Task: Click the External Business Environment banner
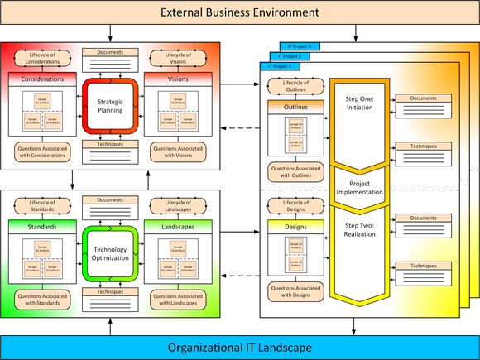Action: click(x=239, y=13)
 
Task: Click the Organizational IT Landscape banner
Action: click(x=239, y=347)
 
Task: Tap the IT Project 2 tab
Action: click(x=292, y=55)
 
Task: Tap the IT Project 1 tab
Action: click(x=282, y=65)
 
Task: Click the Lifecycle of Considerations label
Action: click(x=41, y=58)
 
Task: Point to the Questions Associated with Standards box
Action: click(x=41, y=297)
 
